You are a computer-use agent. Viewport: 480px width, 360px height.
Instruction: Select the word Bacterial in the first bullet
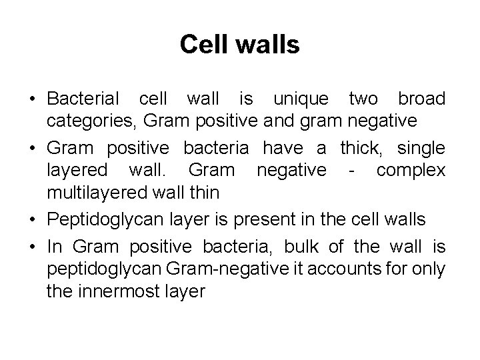click(83, 99)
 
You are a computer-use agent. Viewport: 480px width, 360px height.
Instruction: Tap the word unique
click(301, 99)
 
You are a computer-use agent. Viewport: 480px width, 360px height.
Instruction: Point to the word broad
click(421, 99)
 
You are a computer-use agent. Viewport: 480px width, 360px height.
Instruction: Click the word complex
click(411, 170)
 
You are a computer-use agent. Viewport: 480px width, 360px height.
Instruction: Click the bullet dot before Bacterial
click(32, 100)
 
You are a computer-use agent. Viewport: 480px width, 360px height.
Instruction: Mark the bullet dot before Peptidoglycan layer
click(32, 218)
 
